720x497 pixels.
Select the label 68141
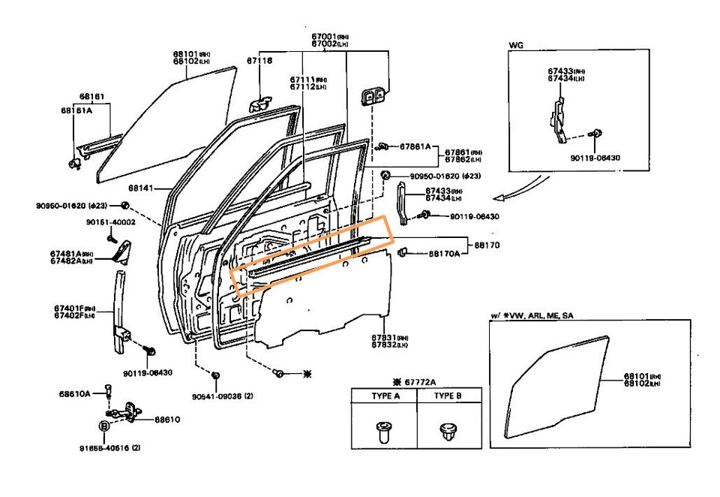[140, 188]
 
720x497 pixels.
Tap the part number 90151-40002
[110, 222]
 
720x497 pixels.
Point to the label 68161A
[76, 110]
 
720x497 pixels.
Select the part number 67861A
[415, 146]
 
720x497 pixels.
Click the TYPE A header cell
[385, 396]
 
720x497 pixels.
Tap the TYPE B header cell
[448, 396]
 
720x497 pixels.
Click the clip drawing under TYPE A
[385, 430]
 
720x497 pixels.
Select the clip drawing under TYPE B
[448, 430]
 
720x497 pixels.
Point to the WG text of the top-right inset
[516, 46]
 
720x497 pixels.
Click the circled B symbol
[104, 426]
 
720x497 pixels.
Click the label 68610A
[75, 393]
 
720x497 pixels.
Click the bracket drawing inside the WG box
[558, 119]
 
